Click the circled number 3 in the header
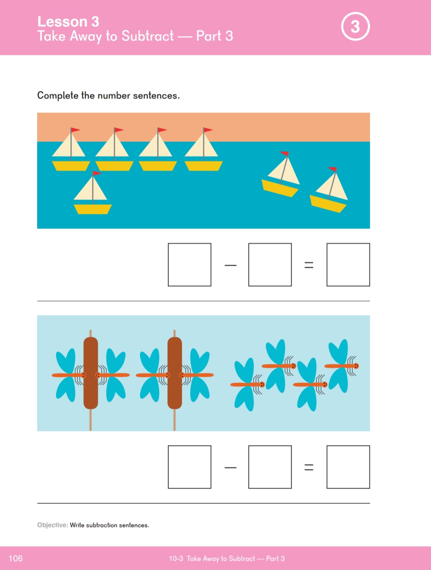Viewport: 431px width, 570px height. click(x=355, y=26)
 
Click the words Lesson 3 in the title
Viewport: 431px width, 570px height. click(x=68, y=21)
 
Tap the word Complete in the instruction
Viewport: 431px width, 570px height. click(x=58, y=96)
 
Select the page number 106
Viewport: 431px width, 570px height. click(x=16, y=558)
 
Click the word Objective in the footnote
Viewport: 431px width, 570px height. click(x=53, y=525)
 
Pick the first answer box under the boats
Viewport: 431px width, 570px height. click(x=189, y=265)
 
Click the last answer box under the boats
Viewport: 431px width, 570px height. click(x=348, y=265)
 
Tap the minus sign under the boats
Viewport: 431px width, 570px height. click(x=231, y=265)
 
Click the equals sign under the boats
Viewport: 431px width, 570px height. click(x=309, y=265)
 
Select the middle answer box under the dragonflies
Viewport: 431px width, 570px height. click(x=270, y=467)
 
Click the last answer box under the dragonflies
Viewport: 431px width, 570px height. click(x=348, y=467)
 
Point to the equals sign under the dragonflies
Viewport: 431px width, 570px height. click(x=309, y=467)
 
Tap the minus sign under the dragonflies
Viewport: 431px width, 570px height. click(x=231, y=467)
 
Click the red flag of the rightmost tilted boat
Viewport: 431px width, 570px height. click(x=332, y=169)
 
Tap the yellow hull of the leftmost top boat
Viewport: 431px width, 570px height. click(x=71, y=166)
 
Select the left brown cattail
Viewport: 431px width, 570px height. click(x=91, y=373)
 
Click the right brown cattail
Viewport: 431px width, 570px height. click(x=175, y=373)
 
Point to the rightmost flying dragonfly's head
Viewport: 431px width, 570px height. click(x=356, y=366)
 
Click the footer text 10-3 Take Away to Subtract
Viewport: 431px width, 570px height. click(x=212, y=558)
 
